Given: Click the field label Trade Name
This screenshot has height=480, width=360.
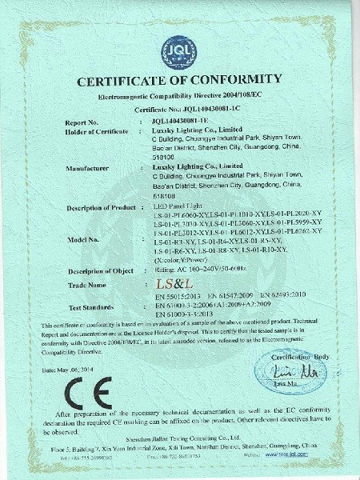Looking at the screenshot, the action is click(x=86, y=285).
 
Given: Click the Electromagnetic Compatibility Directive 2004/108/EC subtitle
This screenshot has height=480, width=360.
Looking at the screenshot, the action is click(x=179, y=96).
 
